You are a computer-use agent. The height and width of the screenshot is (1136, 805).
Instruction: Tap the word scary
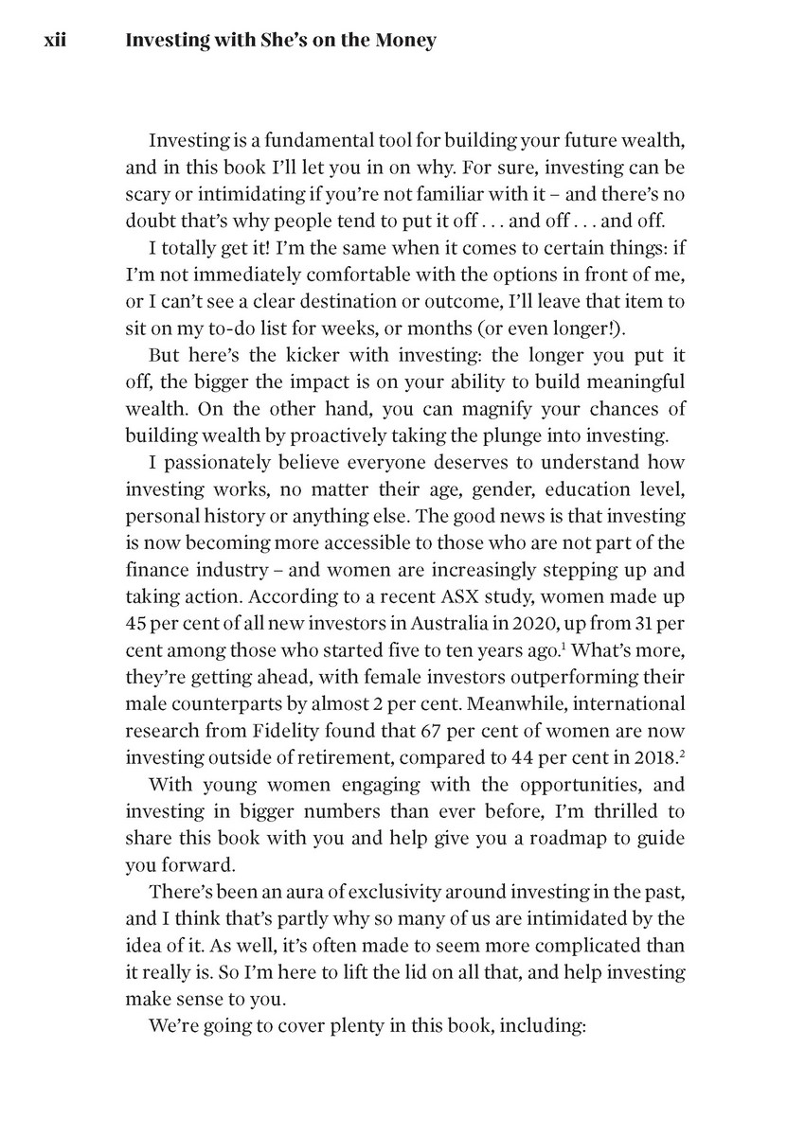pos(148,194)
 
